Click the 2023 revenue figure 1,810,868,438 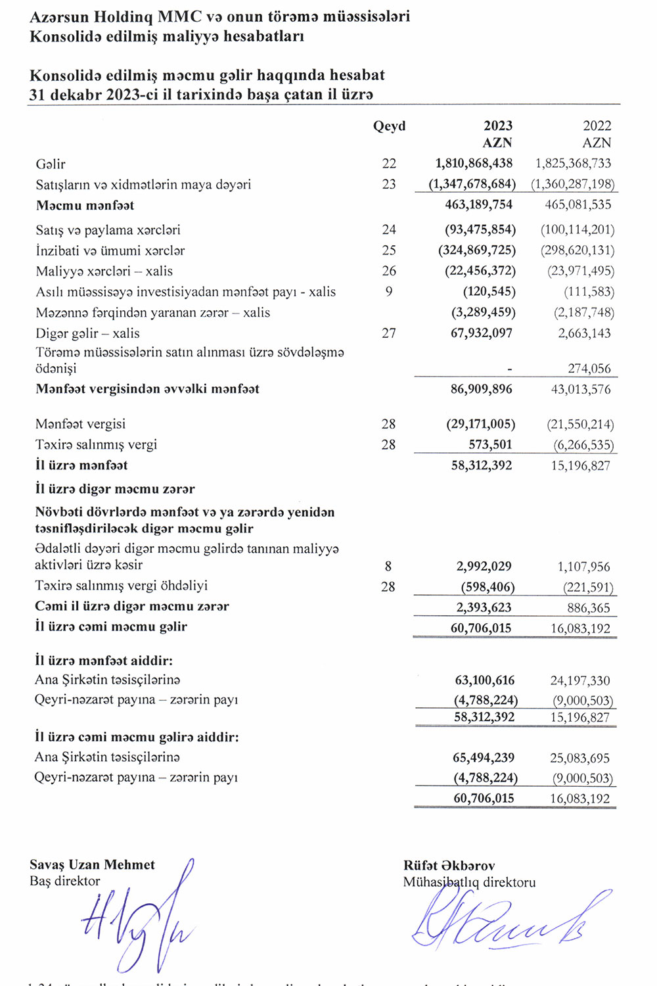474,163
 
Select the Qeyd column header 389,126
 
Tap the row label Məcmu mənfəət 85,205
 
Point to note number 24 389,229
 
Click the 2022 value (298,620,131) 578,250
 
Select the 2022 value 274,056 589,369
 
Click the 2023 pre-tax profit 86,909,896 481,389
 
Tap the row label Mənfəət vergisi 80,424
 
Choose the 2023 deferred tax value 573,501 490,444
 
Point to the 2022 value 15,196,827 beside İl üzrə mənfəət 580,465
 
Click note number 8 388,566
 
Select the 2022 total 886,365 588,608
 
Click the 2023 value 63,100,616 485,680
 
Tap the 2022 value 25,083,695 579,758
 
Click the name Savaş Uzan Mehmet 92,865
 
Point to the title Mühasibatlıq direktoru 469,882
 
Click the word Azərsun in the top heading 60,16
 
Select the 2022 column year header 597,126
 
